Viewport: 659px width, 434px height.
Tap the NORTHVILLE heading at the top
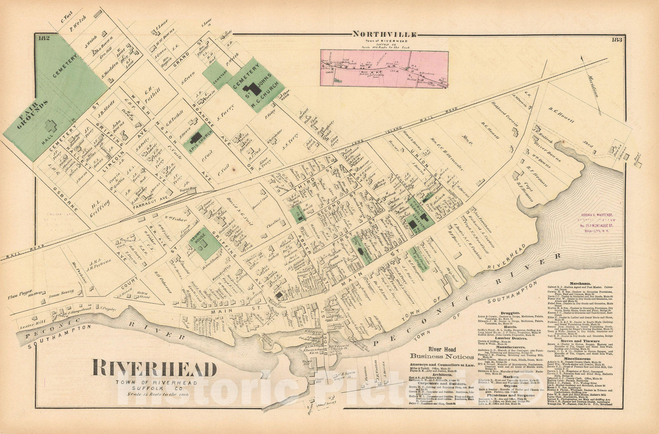(384, 35)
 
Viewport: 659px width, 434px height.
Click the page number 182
(43, 39)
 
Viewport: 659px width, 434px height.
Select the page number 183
(617, 40)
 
